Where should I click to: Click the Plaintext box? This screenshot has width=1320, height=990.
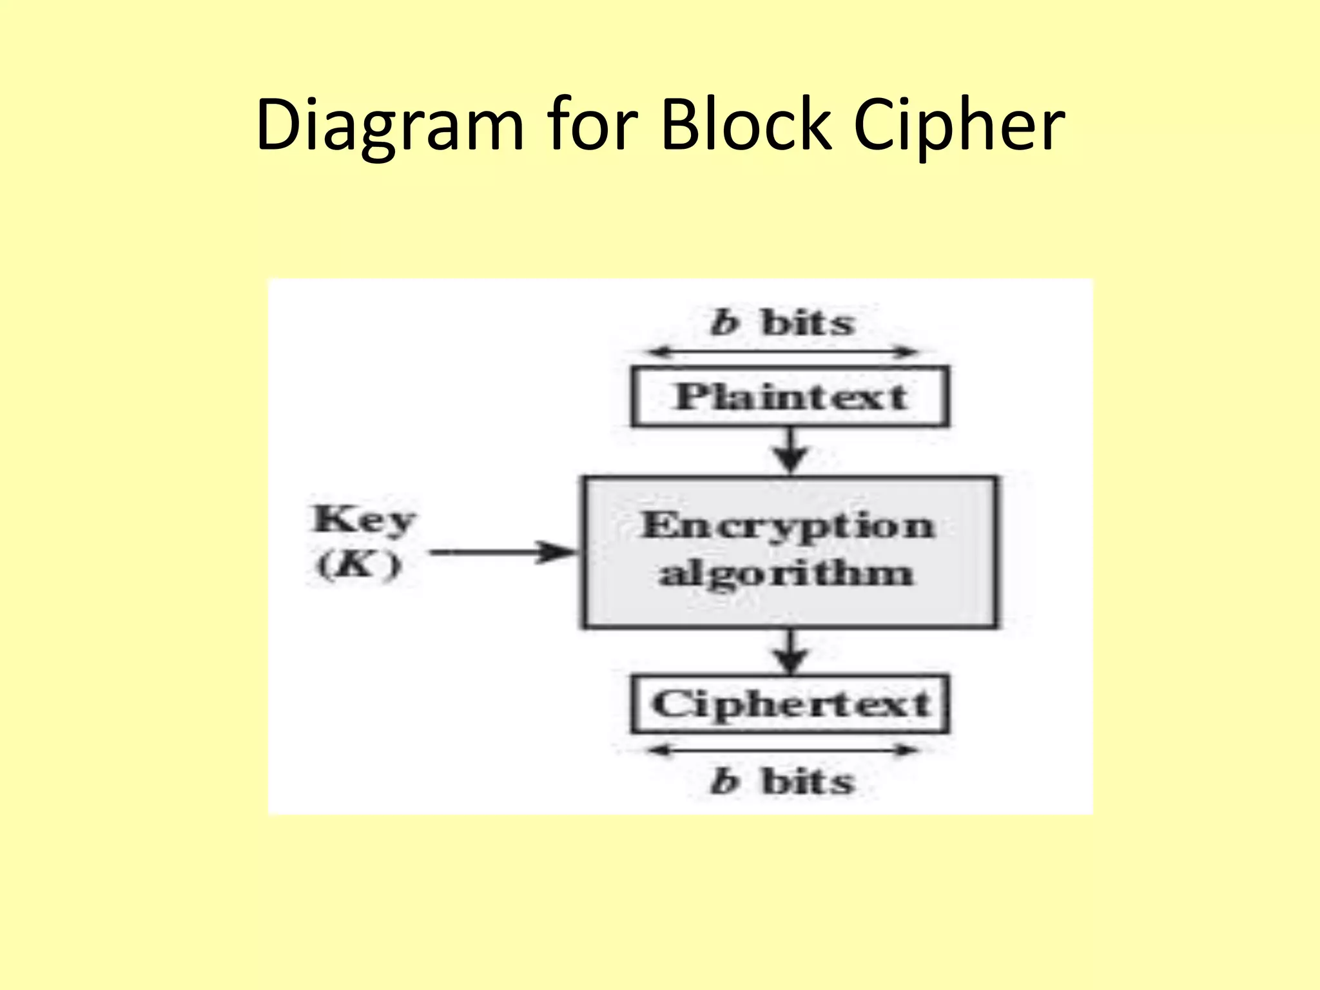click(790, 396)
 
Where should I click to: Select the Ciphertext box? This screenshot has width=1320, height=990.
click(790, 704)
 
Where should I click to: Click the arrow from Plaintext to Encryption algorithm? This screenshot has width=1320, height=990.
click(791, 451)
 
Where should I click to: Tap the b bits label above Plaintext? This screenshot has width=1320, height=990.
click(782, 322)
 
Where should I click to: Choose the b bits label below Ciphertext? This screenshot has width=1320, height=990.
click(782, 781)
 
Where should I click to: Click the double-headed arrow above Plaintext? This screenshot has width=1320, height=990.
click(782, 352)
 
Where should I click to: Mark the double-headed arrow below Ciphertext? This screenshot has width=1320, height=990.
click(782, 750)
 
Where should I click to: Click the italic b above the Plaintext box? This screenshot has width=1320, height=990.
click(723, 322)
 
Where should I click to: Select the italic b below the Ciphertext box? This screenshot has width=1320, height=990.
click(723, 781)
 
